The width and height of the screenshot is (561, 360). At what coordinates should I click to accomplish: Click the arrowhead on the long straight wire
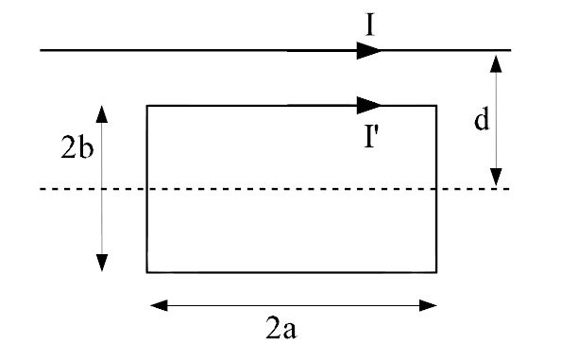tap(370, 50)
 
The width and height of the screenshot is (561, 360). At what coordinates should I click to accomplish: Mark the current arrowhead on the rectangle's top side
tap(371, 105)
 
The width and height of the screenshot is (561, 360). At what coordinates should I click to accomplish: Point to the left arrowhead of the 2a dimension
tap(160, 305)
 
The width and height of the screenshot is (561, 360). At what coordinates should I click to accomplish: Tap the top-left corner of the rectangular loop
tap(146, 105)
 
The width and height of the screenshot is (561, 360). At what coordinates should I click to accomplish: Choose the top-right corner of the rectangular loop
tap(436, 105)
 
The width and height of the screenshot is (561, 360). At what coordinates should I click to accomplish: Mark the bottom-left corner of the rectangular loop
tap(146, 272)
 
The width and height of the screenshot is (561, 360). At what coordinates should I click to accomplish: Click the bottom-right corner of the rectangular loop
tap(436, 272)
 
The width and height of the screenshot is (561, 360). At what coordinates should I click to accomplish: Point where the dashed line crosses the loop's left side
tap(146, 189)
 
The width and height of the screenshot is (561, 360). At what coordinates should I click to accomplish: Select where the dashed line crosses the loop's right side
tap(436, 189)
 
